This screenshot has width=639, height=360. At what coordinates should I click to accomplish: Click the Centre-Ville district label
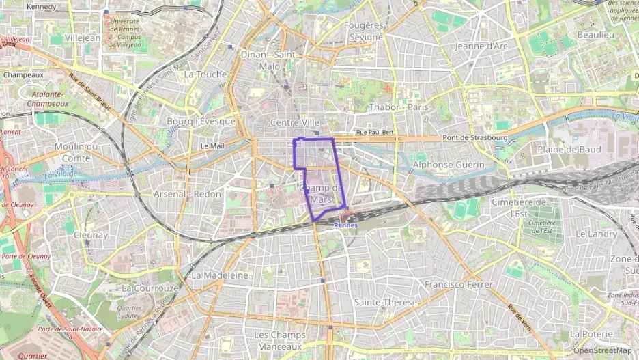click(x=295, y=122)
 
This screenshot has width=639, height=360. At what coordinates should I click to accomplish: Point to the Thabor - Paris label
click(x=398, y=107)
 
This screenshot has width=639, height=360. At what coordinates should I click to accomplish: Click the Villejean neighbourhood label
click(x=82, y=38)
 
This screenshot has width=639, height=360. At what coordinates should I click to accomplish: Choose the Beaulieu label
click(x=595, y=34)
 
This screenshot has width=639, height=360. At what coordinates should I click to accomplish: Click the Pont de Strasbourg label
click(x=475, y=137)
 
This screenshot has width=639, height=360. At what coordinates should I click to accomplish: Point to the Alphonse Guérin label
click(x=449, y=165)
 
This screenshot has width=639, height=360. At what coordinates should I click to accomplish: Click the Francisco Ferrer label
click(x=458, y=284)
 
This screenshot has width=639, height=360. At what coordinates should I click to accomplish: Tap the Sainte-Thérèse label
click(x=382, y=301)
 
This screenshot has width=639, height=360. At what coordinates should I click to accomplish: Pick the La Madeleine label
click(x=220, y=275)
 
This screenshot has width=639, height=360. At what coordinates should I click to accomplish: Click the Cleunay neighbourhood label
click(x=91, y=235)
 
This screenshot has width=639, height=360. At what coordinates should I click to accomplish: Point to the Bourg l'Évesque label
click(x=201, y=122)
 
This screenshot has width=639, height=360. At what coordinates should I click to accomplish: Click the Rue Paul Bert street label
click(x=375, y=133)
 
